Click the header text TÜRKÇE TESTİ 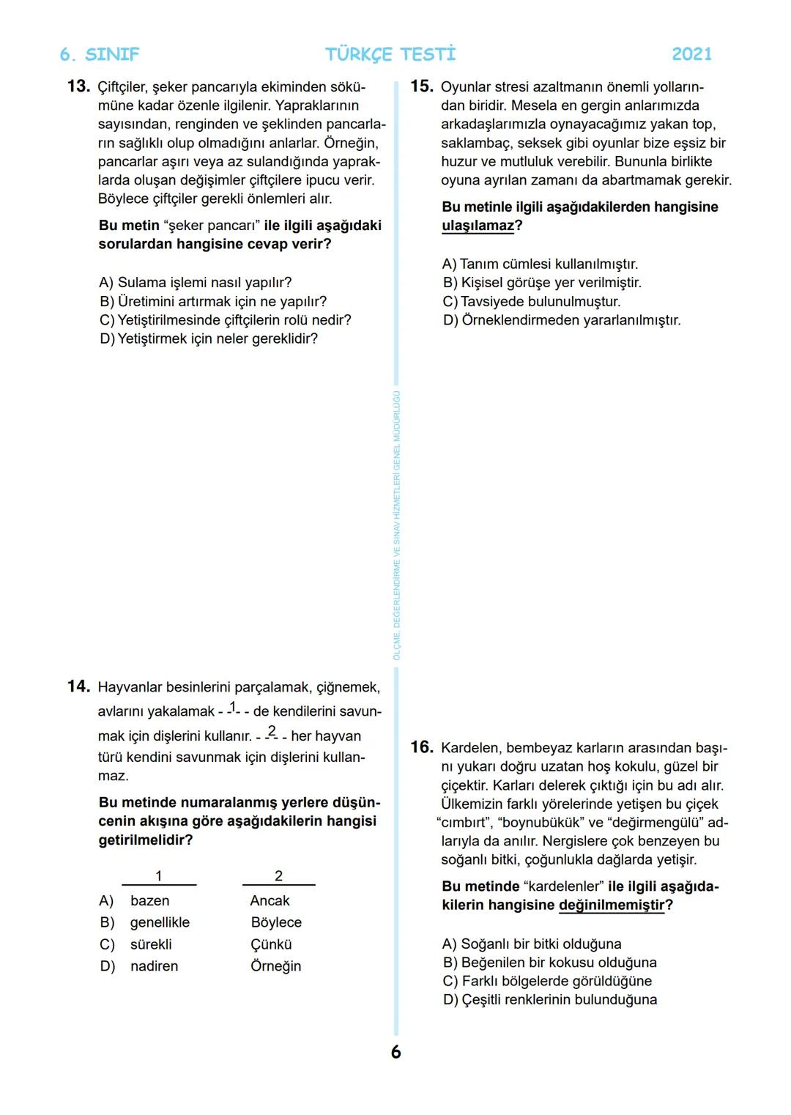pyautogui.click(x=390, y=54)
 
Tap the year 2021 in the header pyautogui.click(x=691, y=54)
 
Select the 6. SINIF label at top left pyautogui.click(x=99, y=55)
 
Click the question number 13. pyautogui.click(x=78, y=86)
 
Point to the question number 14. pyautogui.click(x=78, y=686)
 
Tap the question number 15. pyautogui.click(x=421, y=86)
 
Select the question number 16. pyautogui.click(x=421, y=747)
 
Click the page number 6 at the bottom pyautogui.click(x=395, y=1052)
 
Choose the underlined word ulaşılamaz pyautogui.click(x=478, y=226)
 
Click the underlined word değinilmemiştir pyautogui.click(x=612, y=905)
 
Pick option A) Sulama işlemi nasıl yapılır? pyautogui.click(x=195, y=283)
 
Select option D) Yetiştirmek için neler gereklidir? pyautogui.click(x=208, y=338)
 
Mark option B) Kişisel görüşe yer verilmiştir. pyautogui.click(x=541, y=283)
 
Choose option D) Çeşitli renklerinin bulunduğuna pyautogui.click(x=549, y=1000)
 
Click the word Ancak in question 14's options pyautogui.click(x=270, y=900)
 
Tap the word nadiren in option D pyautogui.click(x=154, y=966)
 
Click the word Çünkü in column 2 pyautogui.click(x=271, y=944)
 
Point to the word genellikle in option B pyautogui.click(x=160, y=922)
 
